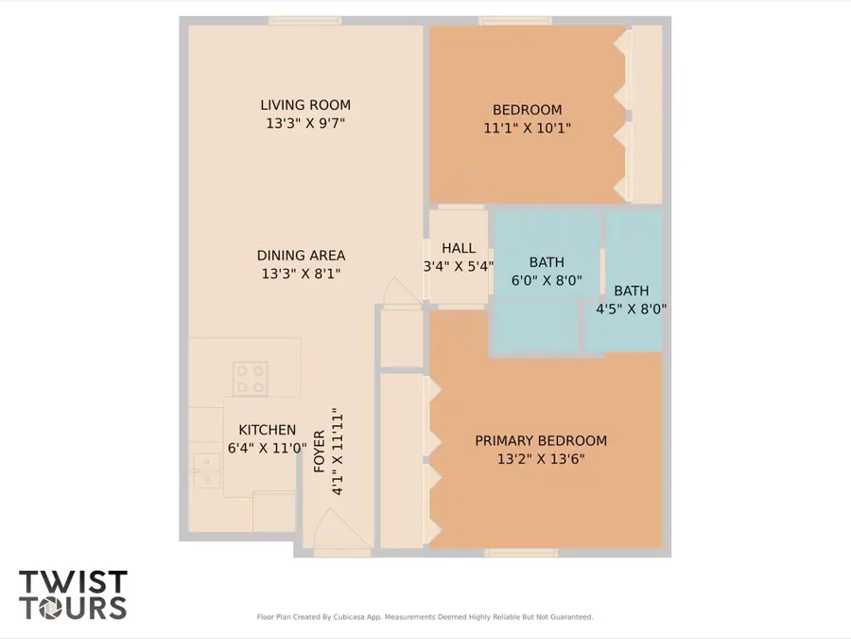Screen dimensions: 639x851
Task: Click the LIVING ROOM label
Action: click(305, 105)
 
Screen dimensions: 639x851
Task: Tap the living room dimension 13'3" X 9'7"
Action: click(305, 123)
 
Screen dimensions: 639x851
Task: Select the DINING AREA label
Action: click(301, 256)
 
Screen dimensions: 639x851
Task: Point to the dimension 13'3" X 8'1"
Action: click(301, 274)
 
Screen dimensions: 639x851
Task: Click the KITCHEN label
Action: click(267, 430)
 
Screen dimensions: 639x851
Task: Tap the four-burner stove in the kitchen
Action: click(251, 379)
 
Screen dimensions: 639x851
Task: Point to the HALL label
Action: click(459, 249)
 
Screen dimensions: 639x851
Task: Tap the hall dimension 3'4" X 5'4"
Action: click(459, 266)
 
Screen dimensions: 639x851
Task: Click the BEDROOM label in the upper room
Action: click(527, 110)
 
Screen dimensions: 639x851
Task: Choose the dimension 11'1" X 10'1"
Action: click(527, 128)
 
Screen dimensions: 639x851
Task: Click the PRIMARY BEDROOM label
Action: click(541, 441)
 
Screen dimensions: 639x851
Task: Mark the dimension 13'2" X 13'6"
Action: click(541, 459)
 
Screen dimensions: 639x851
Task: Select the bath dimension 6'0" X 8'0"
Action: click(547, 280)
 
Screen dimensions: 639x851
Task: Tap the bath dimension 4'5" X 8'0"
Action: click(631, 309)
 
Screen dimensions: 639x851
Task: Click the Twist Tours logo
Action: click(73, 595)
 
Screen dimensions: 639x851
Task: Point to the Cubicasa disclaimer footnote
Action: click(425, 617)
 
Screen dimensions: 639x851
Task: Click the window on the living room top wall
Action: click(304, 20)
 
